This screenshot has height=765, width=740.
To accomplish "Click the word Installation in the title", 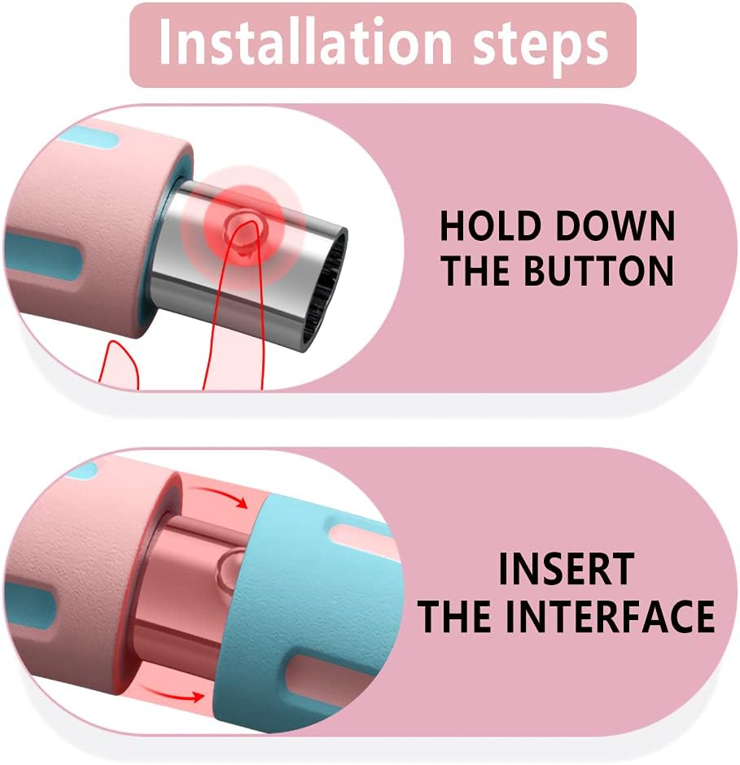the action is pos(305,42).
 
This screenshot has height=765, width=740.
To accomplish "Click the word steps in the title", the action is pos(541,47).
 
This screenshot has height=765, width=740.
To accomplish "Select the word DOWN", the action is pos(615,226).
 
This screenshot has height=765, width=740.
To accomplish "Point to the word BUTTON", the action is pos(598,270).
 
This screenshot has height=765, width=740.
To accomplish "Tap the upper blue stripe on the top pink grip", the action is pos(92,137).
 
